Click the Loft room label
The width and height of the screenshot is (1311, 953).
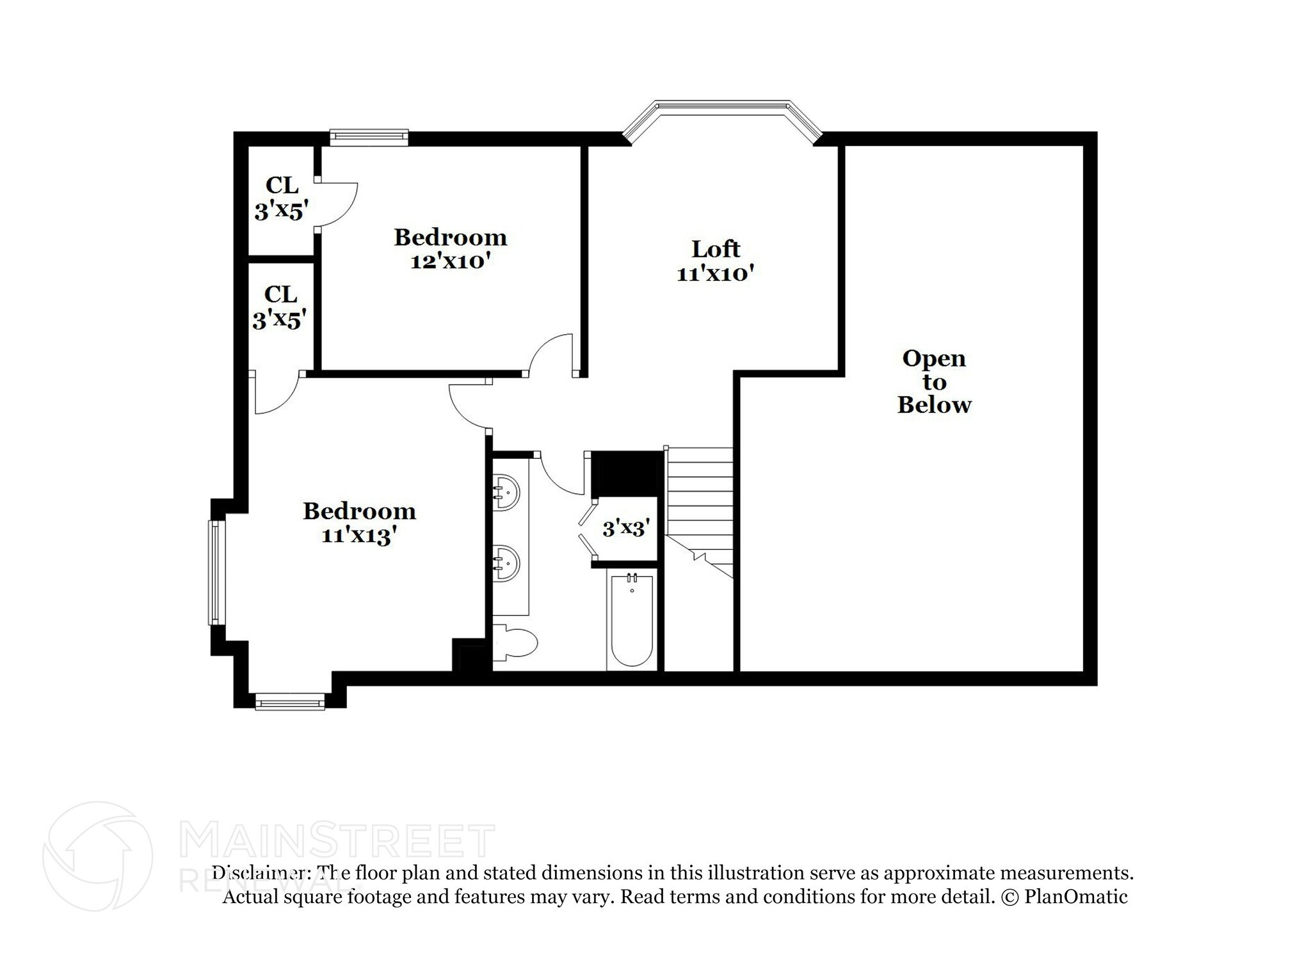tap(716, 248)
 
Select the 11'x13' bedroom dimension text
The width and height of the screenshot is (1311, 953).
tap(360, 535)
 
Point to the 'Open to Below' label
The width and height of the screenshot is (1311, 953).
tap(934, 381)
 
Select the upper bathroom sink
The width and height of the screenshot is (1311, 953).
tap(506, 492)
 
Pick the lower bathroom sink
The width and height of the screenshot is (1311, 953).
tap(506, 563)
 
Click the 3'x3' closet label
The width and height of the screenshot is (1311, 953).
tap(626, 529)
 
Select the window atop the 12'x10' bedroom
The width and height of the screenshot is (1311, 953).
tap(369, 136)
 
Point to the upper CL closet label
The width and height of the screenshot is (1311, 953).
tap(282, 185)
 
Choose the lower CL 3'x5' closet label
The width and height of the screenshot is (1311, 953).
tap(280, 307)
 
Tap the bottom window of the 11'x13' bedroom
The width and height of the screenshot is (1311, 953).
tap(290, 703)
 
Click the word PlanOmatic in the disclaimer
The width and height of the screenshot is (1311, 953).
tap(1075, 897)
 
